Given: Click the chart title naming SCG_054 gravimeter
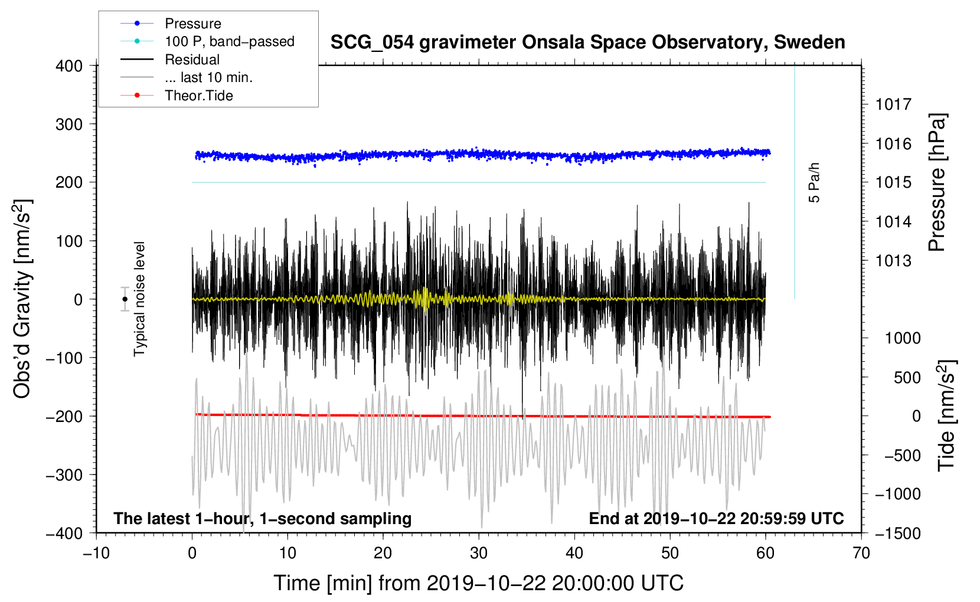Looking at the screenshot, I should [x=587, y=42].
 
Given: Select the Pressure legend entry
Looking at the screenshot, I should [x=192, y=24].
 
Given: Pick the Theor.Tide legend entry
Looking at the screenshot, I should [x=198, y=96].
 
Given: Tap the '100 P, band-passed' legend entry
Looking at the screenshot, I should [x=229, y=41].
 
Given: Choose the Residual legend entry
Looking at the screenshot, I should [x=192, y=60].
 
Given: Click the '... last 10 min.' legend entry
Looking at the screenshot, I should [x=208, y=77].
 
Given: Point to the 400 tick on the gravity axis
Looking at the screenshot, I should [x=70, y=66].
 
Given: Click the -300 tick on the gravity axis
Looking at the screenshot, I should [x=65, y=475].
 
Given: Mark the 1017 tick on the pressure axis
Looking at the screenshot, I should [x=893, y=104].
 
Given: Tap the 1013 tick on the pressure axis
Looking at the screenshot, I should [x=893, y=261].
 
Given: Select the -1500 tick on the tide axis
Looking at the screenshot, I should [x=898, y=533].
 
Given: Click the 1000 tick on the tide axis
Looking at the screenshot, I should [x=903, y=338].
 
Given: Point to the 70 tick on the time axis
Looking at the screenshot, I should [x=861, y=553].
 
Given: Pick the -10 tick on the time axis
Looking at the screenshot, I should [x=96, y=553].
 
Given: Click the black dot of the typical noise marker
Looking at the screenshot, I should [x=125, y=299].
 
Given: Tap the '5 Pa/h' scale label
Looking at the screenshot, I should [x=815, y=182].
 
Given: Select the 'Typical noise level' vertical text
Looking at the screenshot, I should [x=139, y=299].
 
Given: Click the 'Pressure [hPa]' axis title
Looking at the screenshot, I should [x=937, y=183].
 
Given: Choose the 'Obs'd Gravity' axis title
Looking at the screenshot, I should [x=22, y=299].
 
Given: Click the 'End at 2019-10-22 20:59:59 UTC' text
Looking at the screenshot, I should [x=716, y=519].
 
